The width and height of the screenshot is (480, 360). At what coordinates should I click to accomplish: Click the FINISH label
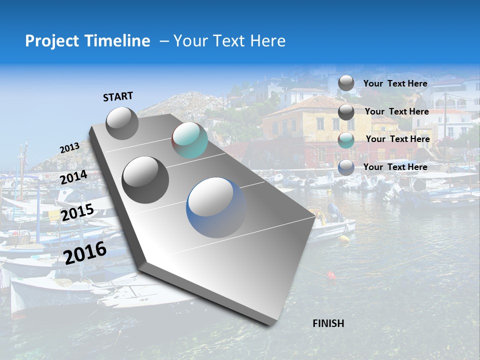(328, 323)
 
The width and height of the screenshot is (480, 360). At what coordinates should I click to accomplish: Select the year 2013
(69, 148)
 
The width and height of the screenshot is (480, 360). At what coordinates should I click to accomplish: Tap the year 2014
(74, 177)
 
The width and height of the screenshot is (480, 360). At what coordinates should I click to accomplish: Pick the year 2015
(77, 212)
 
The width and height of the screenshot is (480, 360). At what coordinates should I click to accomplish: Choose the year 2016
(85, 252)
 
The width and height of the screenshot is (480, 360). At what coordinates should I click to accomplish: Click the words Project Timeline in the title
(87, 41)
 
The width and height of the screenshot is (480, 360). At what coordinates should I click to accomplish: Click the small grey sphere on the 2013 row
(122, 123)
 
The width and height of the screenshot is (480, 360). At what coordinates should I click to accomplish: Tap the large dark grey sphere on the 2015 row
(145, 179)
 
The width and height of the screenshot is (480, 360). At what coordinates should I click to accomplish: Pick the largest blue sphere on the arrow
(216, 207)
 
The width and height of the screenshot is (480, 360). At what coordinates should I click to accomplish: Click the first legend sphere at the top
(346, 83)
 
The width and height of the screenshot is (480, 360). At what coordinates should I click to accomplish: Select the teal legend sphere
(346, 139)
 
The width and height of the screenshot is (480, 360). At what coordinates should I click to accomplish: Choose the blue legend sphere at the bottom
(346, 167)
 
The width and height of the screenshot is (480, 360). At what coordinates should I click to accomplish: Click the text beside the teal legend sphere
(398, 139)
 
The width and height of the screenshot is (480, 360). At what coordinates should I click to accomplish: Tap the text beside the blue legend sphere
(395, 167)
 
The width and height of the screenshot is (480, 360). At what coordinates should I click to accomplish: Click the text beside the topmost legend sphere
(395, 83)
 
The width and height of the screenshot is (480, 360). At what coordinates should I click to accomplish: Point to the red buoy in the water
(330, 275)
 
